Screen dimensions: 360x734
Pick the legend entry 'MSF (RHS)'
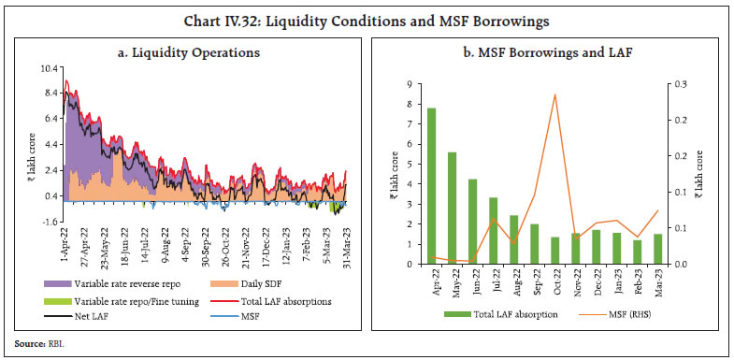[621, 314]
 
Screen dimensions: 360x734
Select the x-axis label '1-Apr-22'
[62, 245]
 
